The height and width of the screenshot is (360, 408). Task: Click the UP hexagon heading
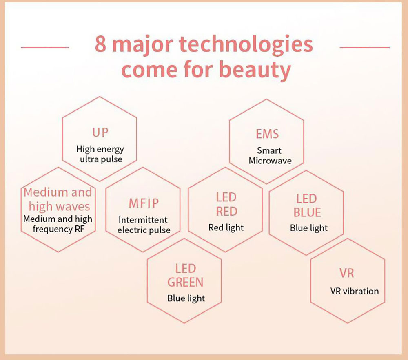(x=100, y=133)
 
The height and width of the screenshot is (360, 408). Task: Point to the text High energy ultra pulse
(x=100, y=154)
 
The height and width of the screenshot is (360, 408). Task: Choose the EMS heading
(x=267, y=134)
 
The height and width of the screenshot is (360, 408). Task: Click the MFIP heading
(x=144, y=203)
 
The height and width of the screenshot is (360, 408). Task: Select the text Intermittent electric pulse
(x=144, y=225)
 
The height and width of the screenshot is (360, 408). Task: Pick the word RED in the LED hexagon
(x=226, y=212)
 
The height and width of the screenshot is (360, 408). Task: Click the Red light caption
(x=226, y=227)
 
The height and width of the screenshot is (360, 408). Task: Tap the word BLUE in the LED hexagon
(x=307, y=212)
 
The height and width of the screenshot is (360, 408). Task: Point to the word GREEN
(x=185, y=282)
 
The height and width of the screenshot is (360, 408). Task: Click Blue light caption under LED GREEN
(x=186, y=298)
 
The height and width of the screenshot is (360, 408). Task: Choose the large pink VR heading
(x=346, y=273)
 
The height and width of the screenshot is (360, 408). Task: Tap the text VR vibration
(x=354, y=291)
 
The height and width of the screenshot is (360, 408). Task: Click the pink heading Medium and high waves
(x=58, y=199)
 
